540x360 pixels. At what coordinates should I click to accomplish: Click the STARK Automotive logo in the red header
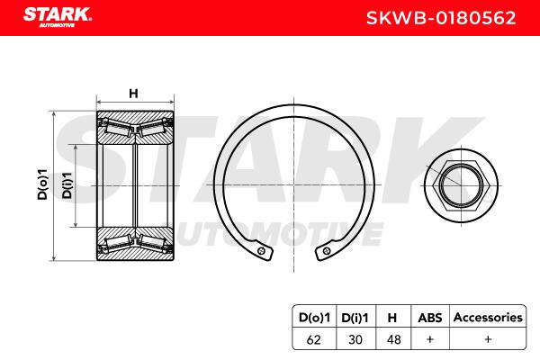pos(58,16)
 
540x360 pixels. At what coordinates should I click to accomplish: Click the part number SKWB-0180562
pos(441,18)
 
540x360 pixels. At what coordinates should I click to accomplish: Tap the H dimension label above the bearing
pos(133,94)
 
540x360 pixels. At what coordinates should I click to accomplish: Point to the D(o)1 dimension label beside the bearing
pos(42,184)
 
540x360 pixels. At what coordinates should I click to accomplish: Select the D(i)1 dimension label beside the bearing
pos(67,185)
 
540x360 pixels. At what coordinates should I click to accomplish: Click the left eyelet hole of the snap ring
pos(262,251)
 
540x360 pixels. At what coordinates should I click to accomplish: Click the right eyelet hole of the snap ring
pos(327,251)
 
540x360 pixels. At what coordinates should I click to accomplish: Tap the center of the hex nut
pos(461,185)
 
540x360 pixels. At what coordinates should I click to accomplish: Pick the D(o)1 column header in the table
pos(314,318)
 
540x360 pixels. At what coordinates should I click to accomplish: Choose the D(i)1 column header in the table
pos(355,318)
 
